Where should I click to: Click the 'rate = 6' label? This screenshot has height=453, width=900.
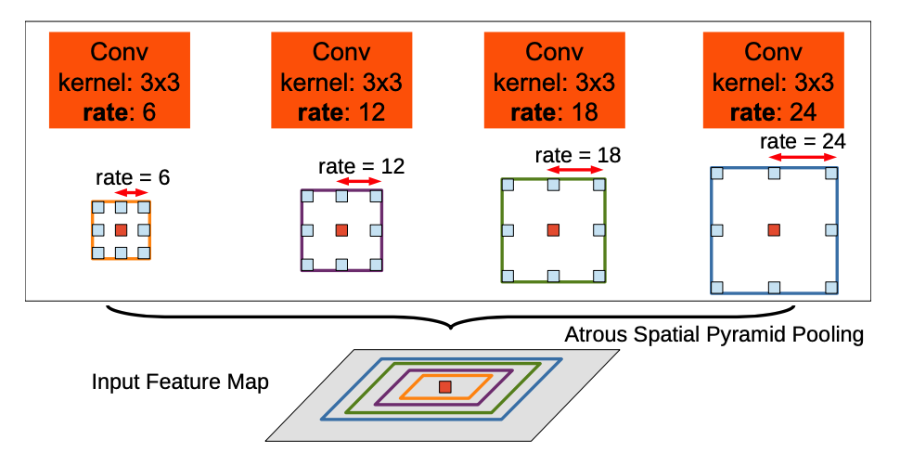click(133, 176)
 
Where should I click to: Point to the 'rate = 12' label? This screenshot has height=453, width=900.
click(362, 166)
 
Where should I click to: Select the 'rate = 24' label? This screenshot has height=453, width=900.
click(803, 142)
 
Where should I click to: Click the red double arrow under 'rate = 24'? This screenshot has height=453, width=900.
click(804, 159)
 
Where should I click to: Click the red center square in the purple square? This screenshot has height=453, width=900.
click(341, 230)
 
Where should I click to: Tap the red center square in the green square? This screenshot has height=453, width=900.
click(553, 230)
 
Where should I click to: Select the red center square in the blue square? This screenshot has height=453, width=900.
click(773, 230)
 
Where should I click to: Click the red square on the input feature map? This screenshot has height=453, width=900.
click(445, 386)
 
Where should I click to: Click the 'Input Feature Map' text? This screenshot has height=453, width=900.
click(180, 382)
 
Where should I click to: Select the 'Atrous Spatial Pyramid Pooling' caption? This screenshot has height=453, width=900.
click(714, 334)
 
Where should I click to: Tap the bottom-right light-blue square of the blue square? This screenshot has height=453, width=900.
click(831, 287)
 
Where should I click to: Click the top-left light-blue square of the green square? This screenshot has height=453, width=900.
click(508, 185)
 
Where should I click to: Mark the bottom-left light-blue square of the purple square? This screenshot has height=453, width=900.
click(307, 265)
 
